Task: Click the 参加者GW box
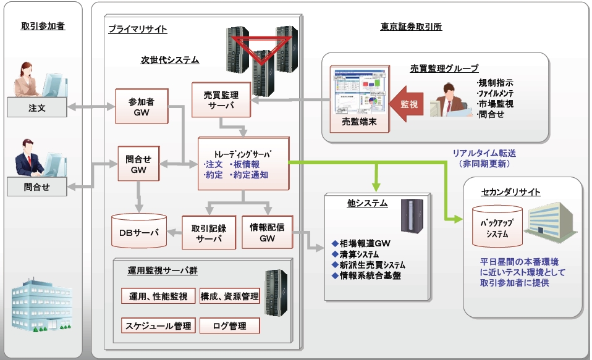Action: point(142,107)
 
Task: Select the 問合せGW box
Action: point(143,164)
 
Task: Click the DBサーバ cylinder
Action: point(139,232)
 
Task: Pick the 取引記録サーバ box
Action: point(209,232)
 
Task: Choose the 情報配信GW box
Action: point(267,232)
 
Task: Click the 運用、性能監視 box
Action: point(158,296)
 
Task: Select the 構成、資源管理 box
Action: point(229,296)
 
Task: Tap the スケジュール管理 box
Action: point(158,325)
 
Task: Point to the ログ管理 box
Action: point(229,325)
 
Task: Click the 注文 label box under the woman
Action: point(37,108)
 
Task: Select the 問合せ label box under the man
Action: point(37,187)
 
